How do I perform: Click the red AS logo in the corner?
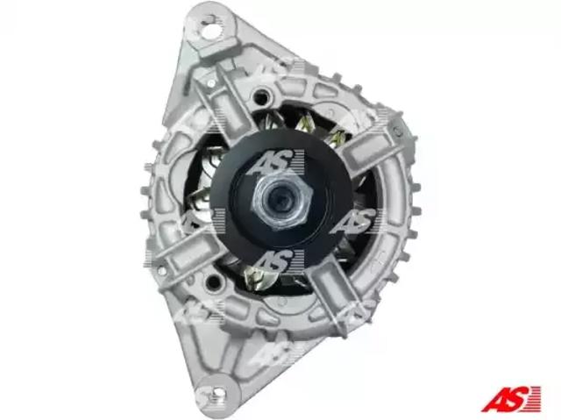click(x=511, y=399)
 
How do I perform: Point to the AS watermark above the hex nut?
click(x=275, y=162)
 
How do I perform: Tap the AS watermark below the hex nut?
click(x=275, y=261)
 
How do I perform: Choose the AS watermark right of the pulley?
click(x=356, y=221)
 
